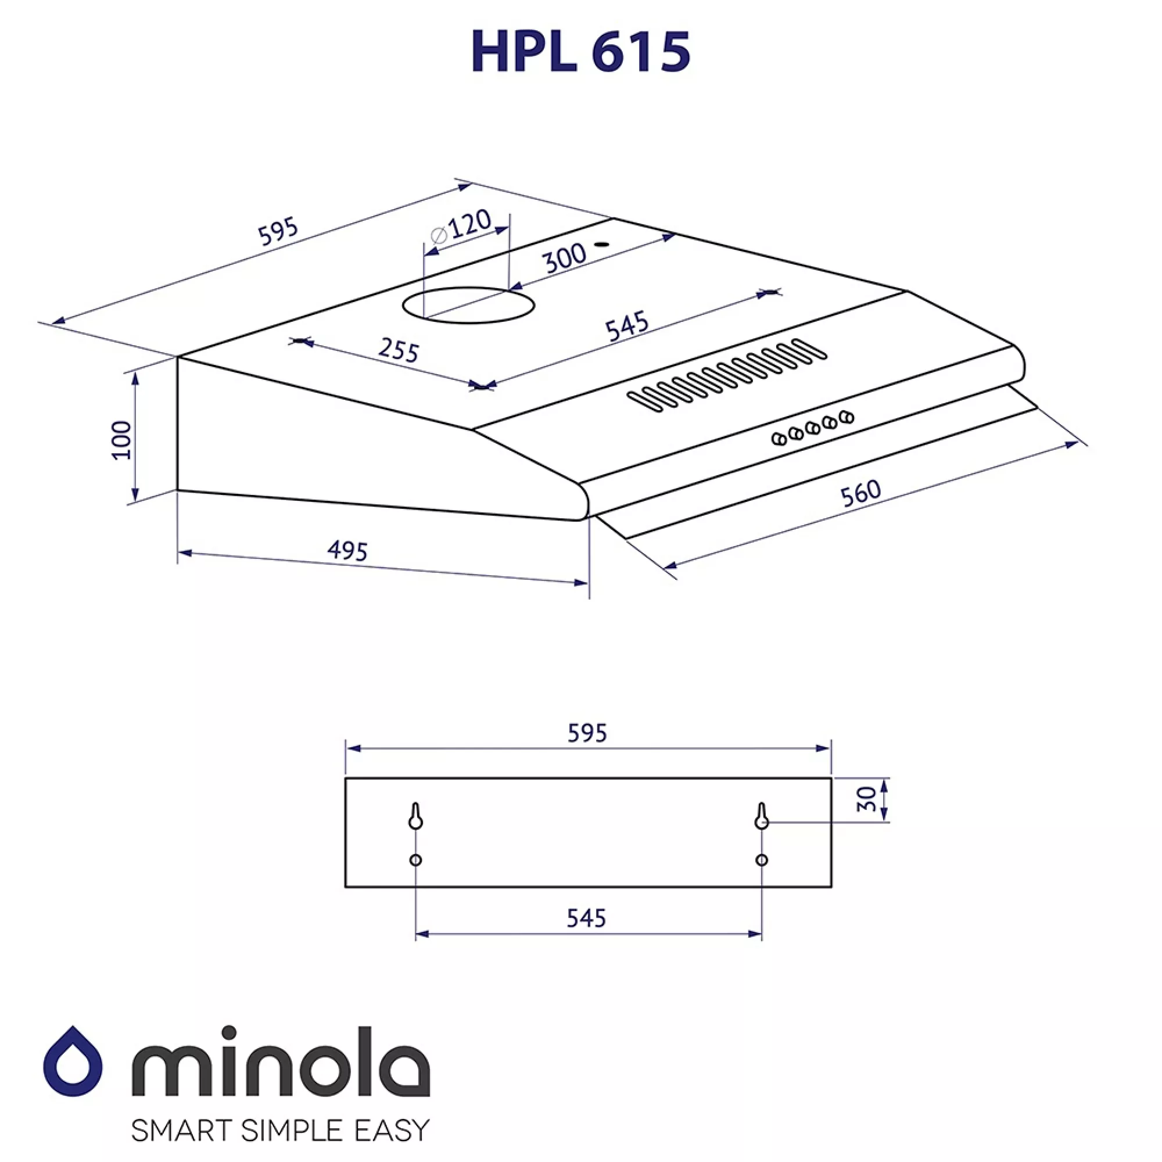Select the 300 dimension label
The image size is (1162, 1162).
tap(564, 257)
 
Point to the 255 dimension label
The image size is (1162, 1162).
tap(398, 350)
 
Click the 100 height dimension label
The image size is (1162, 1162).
tap(122, 440)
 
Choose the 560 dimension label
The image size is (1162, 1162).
tap(860, 493)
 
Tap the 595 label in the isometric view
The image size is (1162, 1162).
tap(278, 231)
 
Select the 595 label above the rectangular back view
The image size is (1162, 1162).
tap(587, 733)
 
